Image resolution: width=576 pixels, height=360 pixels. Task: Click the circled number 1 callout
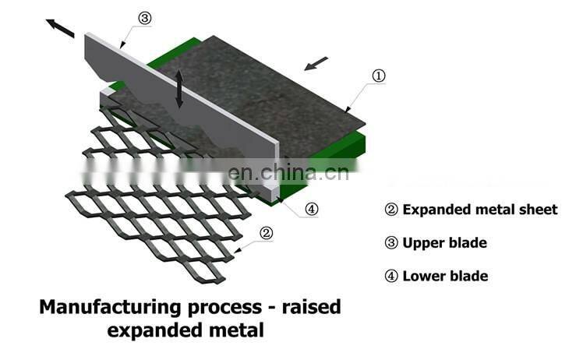(x=379, y=76)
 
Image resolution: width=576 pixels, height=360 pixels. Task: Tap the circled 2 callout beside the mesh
(x=266, y=232)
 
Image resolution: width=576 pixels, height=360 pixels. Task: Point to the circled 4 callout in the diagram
(x=312, y=208)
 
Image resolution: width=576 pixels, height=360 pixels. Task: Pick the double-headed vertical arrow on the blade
(x=180, y=88)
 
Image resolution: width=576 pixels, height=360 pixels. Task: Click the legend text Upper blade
(x=444, y=242)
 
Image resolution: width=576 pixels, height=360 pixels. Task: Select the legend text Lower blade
(x=445, y=276)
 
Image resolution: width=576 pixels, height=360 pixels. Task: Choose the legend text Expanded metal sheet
(x=480, y=209)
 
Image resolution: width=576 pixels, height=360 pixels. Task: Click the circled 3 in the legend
(x=391, y=242)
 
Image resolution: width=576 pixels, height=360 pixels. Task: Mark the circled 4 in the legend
(x=391, y=276)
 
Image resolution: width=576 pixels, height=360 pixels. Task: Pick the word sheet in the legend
(x=539, y=209)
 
